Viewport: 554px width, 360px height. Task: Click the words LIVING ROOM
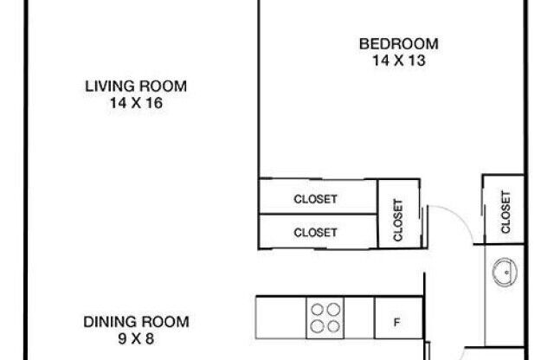(x=136, y=86)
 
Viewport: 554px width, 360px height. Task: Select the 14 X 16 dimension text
(x=136, y=101)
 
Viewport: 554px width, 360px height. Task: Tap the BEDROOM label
(x=398, y=43)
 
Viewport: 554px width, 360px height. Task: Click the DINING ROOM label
(x=136, y=322)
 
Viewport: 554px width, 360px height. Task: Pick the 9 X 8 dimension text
(x=136, y=337)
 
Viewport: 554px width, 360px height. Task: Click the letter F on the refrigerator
(x=396, y=324)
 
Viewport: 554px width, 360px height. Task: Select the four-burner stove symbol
(x=325, y=317)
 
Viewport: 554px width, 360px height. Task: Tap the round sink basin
(x=502, y=276)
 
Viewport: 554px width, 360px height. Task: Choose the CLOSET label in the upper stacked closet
(x=315, y=199)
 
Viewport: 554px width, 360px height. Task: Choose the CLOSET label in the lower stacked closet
(x=315, y=232)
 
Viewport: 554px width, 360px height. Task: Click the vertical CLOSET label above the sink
(x=505, y=211)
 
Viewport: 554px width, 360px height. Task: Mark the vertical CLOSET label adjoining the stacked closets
(x=398, y=220)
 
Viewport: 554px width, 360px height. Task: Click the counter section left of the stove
(x=280, y=317)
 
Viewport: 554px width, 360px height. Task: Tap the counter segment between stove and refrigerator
(x=359, y=317)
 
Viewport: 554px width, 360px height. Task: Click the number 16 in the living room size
(x=154, y=101)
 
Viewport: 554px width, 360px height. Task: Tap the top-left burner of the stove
(x=318, y=308)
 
